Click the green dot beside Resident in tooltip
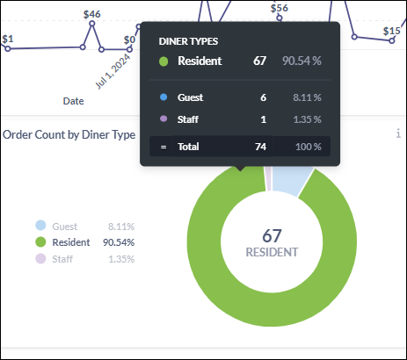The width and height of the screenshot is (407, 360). tap(164, 61)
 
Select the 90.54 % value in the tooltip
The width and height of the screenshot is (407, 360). tap(302, 61)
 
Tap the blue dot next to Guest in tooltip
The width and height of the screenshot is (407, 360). tap(164, 97)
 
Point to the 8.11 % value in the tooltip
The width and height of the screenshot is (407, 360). tap(306, 97)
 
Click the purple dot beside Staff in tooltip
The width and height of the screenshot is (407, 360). tap(164, 119)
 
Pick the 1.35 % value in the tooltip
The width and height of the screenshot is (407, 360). tap(306, 119)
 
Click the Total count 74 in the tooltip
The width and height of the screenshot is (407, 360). tap(260, 146)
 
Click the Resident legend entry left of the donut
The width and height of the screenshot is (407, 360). tap(71, 242)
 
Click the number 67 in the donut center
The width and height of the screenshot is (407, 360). tap(272, 235)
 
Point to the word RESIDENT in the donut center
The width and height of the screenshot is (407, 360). tap(272, 252)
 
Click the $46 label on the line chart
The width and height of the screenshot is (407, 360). tap(92, 15)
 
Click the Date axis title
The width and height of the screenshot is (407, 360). tap(73, 101)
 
